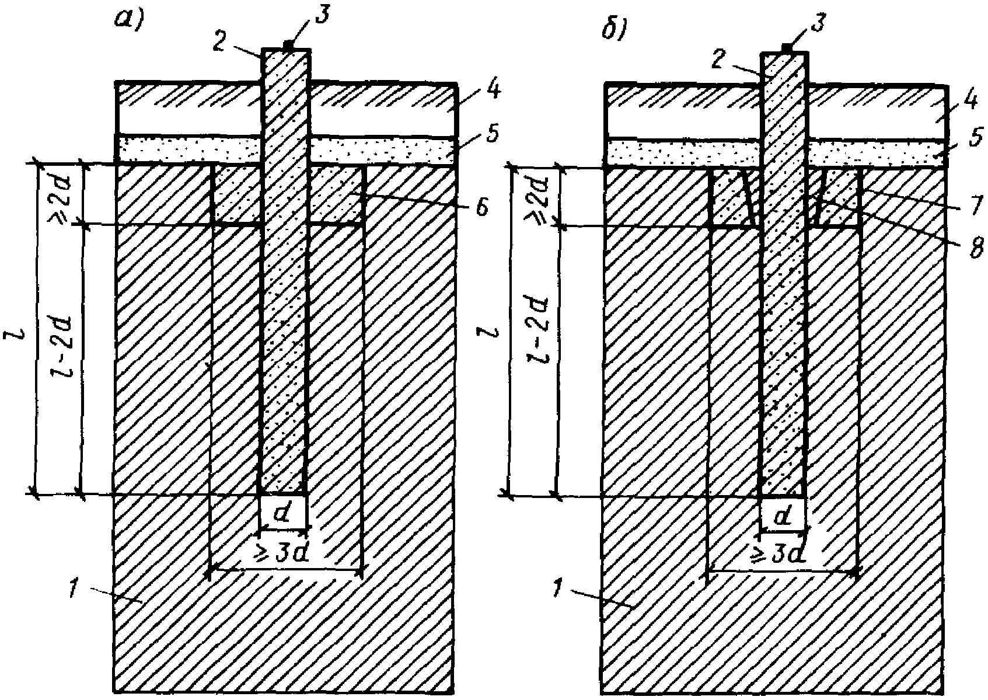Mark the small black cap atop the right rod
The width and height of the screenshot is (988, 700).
(787, 47)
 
